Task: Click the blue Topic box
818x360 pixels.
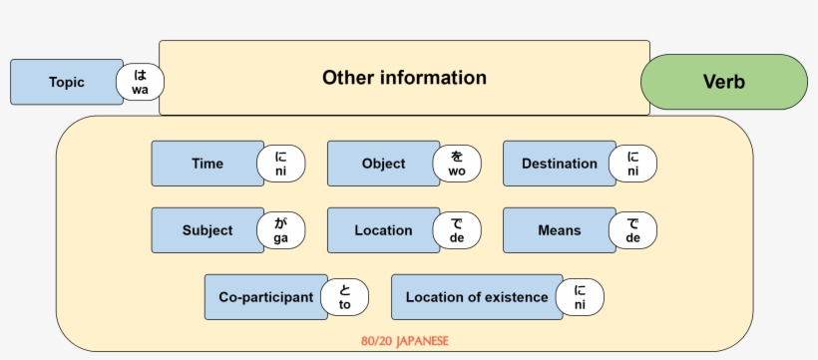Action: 66,82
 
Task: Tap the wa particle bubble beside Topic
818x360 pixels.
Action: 141,83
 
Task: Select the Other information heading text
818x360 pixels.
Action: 404,78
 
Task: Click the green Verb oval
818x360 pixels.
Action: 723,82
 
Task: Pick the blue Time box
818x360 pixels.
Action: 207,164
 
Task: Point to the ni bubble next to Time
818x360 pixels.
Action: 280,164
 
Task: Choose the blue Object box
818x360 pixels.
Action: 383,164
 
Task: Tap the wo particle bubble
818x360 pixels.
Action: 457,164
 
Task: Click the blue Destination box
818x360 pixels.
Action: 559,164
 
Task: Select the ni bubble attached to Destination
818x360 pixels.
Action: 632,164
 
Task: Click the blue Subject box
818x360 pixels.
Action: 207,230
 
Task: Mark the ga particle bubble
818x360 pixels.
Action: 280,230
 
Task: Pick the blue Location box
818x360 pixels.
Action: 383,230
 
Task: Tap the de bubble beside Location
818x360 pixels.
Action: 457,230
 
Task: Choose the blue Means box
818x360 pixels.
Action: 559,230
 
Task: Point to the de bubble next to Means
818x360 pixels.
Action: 632,230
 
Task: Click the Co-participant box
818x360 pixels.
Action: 265,297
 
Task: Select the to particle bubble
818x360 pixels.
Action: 344,297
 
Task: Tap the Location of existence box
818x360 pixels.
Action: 477,297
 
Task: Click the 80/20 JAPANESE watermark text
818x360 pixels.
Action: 404,341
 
